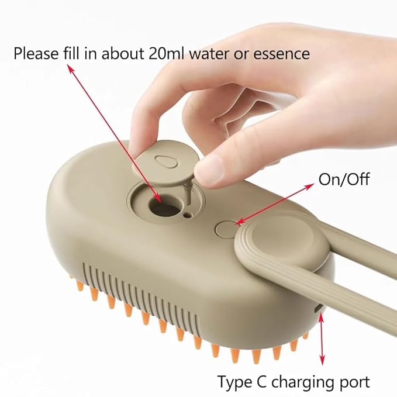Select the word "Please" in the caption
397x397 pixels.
35,53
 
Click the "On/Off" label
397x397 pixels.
344,179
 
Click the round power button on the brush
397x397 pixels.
225,228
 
